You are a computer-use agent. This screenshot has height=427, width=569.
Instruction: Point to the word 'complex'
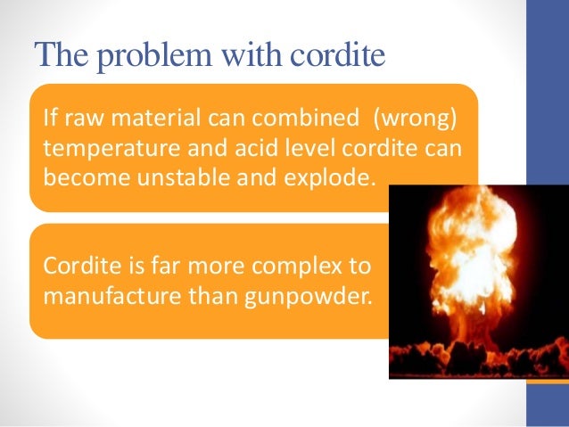coord(304,267)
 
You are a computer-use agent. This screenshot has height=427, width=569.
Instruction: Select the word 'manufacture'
coord(101,293)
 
